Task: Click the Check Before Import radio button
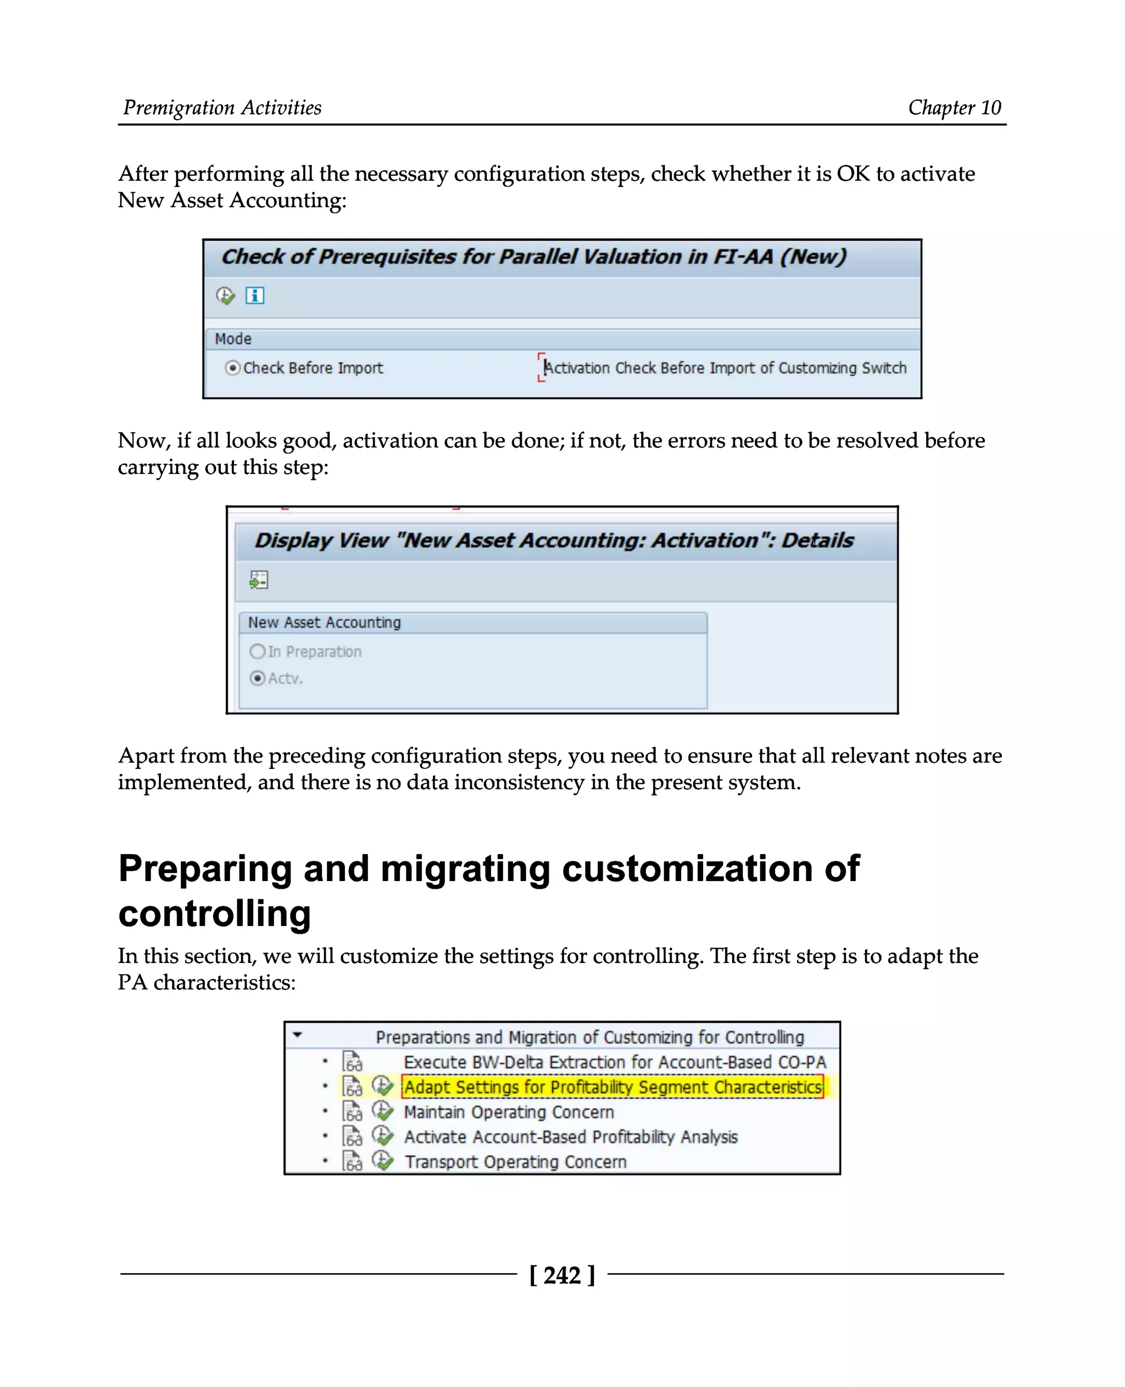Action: pyautogui.click(x=232, y=368)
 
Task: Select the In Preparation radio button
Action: pyautogui.click(x=257, y=651)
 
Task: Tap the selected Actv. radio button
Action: pyautogui.click(x=257, y=678)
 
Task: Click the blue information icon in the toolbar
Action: pyautogui.click(x=255, y=296)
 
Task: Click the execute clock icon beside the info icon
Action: pyautogui.click(x=225, y=296)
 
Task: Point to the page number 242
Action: pyautogui.click(x=562, y=1275)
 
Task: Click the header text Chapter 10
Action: pyautogui.click(x=954, y=108)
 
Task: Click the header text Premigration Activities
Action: pyautogui.click(x=222, y=108)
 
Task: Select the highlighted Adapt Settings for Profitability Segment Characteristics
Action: pyautogui.click(x=612, y=1087)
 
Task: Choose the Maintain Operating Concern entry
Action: pyautogui.click(x=508, y=1112)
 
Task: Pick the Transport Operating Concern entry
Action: pyautogui.click(x=515, y=1162)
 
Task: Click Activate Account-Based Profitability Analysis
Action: pyautogui.click(x=570, y=1137)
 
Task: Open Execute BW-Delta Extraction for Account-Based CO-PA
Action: pyautogui.click(x=614, y=1062)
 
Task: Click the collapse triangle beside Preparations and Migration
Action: pyautogui.click(x=297, y=1035)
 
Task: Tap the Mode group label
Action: pyautogui.click(x=233, y=339)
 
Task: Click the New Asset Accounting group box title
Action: pyautogui.click(x=324, y=622)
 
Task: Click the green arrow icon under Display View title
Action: pyautogui.click(x=259, y=580)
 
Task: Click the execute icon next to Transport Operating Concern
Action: pyautogui.click(x=382, y=1161)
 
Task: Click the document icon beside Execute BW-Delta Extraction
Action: pyautogui.click(x=352, y=1062)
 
